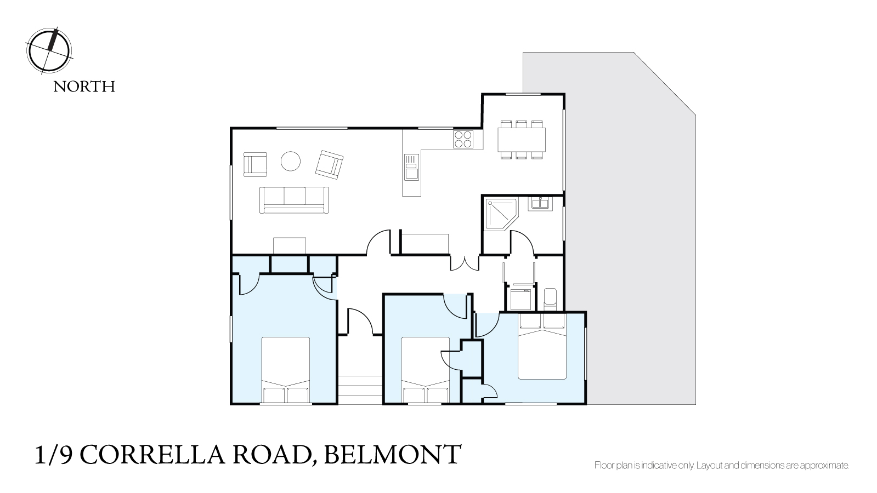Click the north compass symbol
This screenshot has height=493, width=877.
tap(49, 51)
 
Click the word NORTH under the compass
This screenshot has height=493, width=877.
tap(84, 87)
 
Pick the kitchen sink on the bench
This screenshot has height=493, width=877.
tap(411, 167)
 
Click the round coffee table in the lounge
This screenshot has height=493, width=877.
tap(291, 161)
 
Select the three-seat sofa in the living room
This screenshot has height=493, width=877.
tap(294, 200)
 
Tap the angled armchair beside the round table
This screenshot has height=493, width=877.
tap(330, 164)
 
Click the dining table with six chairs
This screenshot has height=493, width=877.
tap(522, 140)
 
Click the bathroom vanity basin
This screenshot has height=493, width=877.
tap(540, 204)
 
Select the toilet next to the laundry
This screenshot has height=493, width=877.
tap(550, 299)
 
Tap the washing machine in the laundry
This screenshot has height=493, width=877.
tap(520, 299)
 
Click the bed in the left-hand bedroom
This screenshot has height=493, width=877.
tap(286, 370)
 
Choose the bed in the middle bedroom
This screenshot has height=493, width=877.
tap(425, 370)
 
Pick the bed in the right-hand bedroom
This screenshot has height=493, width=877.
tap(542, 346)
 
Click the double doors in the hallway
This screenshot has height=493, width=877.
tap(465, 263)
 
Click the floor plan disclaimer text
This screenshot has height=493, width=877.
tap(722, 466)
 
